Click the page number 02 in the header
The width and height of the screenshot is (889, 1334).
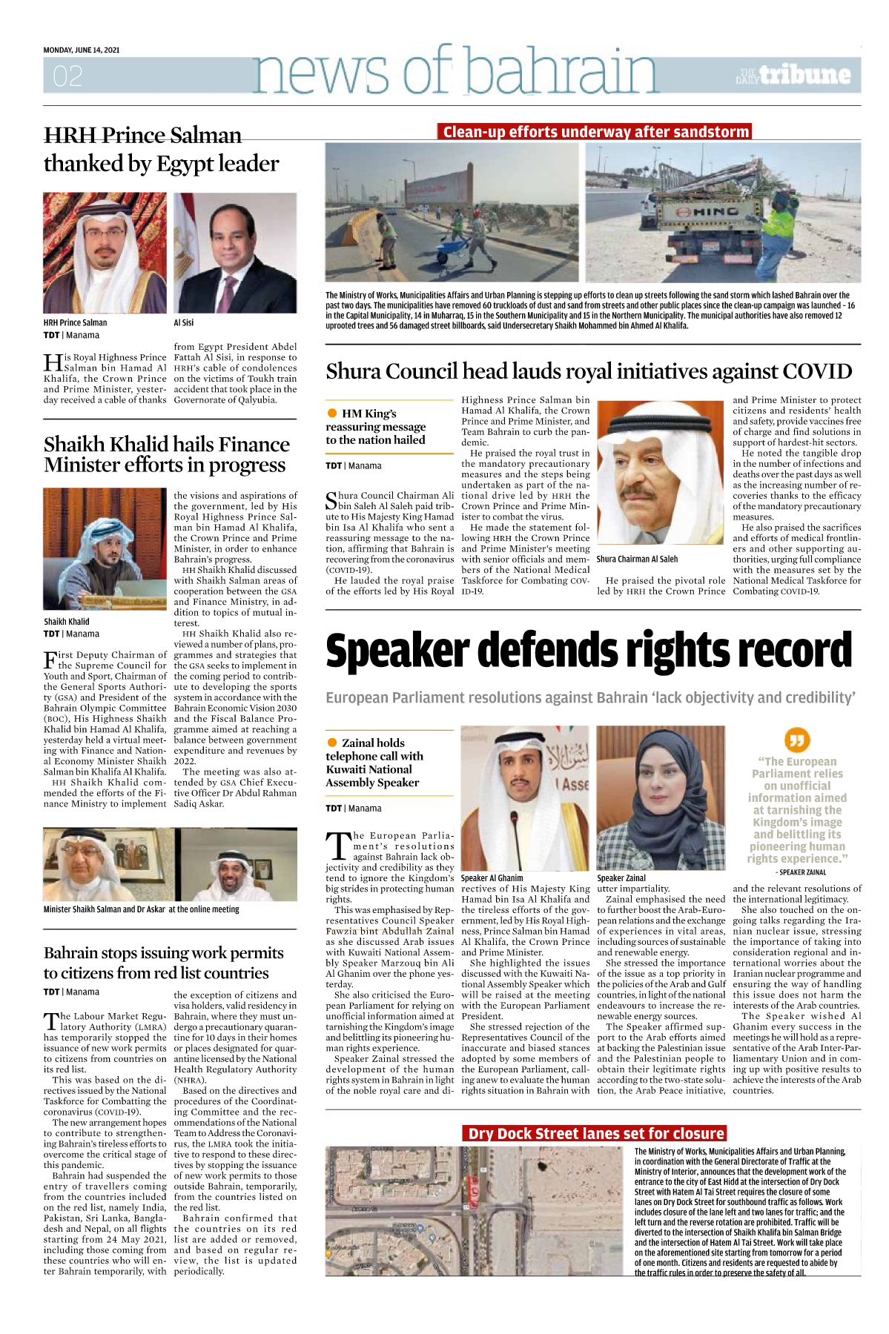[x=67, y=76]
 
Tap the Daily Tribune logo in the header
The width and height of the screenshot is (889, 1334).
[x=793, y=75]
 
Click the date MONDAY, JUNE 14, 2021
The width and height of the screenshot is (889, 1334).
[x=82, y=50]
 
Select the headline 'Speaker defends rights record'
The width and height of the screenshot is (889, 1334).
[x=589, y=651]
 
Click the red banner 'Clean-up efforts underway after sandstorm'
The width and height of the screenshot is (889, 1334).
[x=595, y=132]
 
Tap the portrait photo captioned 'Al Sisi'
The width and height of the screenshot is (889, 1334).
[x=235, y=253]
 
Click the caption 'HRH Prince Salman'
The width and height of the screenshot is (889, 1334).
[x=75, y=323]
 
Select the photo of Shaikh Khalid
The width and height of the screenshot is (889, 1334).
[x=105, y=548]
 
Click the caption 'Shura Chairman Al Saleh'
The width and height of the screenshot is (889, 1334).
[x=637, y=560]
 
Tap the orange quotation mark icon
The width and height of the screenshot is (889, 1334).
[x=796, y=740]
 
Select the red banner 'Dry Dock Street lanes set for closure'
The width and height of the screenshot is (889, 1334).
[x=595, y=1134]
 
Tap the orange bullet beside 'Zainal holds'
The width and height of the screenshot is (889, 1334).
[x=332, y=743]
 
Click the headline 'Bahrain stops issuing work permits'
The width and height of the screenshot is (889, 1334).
[x=164, y=953]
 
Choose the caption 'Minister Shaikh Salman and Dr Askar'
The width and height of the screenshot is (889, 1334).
[x=141, y=909]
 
